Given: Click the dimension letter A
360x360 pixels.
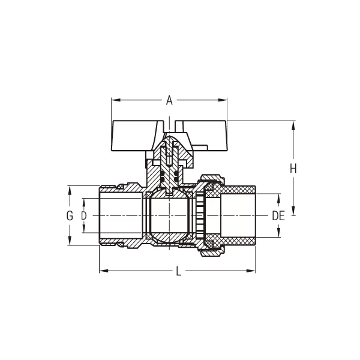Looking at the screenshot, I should coord(169,101).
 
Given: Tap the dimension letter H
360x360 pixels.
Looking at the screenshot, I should coord(293,169).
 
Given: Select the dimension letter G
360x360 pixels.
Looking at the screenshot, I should coord(70,215).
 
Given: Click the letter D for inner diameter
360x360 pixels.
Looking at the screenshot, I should coord(84,215).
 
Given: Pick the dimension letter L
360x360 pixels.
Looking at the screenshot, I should coord(178,271).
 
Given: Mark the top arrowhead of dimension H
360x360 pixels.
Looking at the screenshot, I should coord(293,125).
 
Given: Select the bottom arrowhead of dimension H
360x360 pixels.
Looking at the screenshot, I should coord(293,211).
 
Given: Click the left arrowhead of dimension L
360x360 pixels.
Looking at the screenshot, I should coord(103,271).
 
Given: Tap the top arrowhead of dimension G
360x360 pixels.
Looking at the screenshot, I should coord(70,189).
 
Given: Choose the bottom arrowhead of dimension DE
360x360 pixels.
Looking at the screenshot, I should coord(278,235).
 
